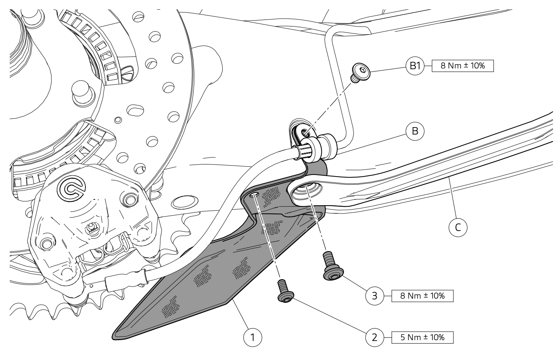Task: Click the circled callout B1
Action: [415, 66]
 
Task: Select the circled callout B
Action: [415, 131]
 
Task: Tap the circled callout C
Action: [458, 227]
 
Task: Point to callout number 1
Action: [253, 337]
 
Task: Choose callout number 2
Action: [375, 337]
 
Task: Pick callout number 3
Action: [375, 296]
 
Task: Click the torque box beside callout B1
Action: [462, 66]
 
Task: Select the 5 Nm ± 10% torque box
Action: [422, 337]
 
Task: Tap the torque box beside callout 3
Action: [422, 296]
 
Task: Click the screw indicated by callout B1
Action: [360, 72]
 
